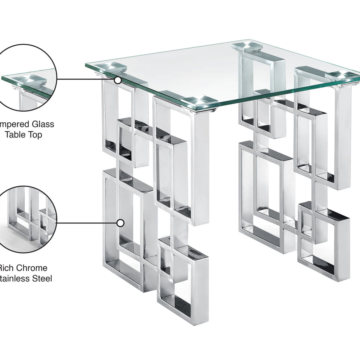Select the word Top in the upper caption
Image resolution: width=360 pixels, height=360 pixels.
(x=36, y=135)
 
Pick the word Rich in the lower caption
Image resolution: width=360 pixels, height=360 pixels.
(x=6, y=268)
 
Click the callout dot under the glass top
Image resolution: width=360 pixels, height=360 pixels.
(x=118, y=80)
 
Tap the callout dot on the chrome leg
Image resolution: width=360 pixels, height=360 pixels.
(x=120, y=223)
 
